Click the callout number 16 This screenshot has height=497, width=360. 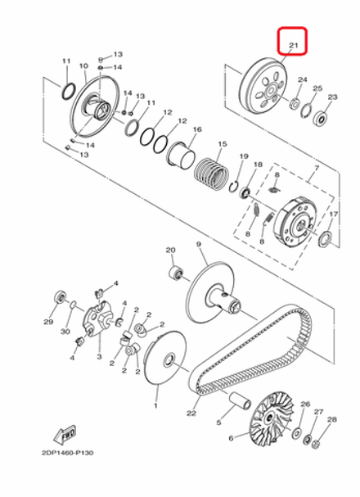(x=197, y=129)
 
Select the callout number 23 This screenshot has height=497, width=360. (x=332, y=97)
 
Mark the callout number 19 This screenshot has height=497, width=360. (x=243, y=156)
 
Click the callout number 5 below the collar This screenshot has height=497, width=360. (x=218, y=422)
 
